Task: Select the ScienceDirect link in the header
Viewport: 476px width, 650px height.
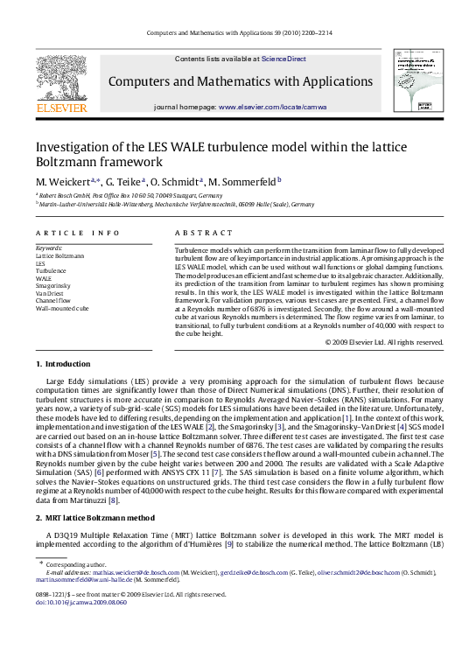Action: point(284,59)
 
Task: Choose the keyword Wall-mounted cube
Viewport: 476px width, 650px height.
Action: point(62,309)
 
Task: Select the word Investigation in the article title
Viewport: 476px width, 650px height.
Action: point(71,147)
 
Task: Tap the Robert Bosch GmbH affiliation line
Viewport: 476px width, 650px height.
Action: point(129,196)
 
